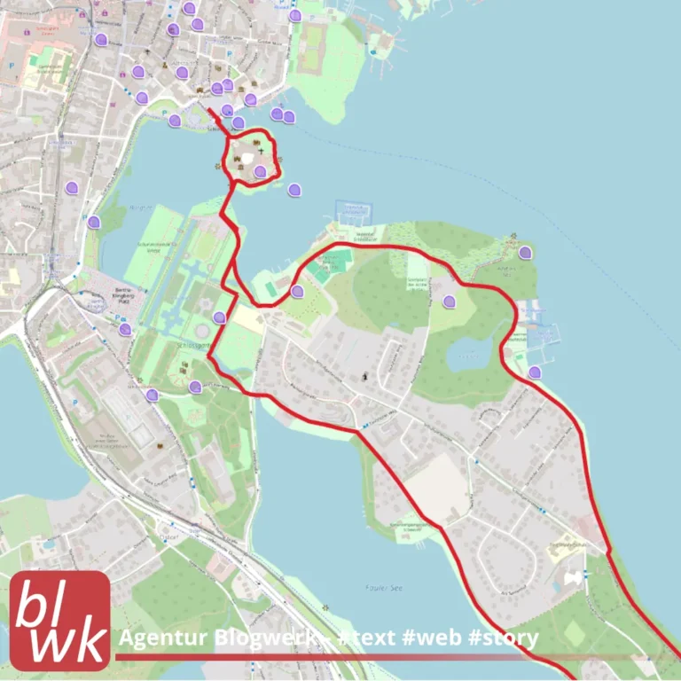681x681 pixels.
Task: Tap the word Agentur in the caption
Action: click(158, 639)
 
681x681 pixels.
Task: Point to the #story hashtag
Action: click(505, 639)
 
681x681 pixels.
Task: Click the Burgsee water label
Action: click(142, 208)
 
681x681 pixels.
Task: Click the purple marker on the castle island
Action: click(260, 172)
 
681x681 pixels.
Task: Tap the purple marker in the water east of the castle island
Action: click(294, 188)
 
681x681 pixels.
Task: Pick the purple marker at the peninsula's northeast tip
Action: click(525, 253)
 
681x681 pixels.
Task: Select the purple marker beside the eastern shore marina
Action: click(534, 372)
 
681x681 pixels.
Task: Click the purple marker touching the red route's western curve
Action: click(297, 291)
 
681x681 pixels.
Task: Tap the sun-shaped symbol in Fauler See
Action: click(326, 607)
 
